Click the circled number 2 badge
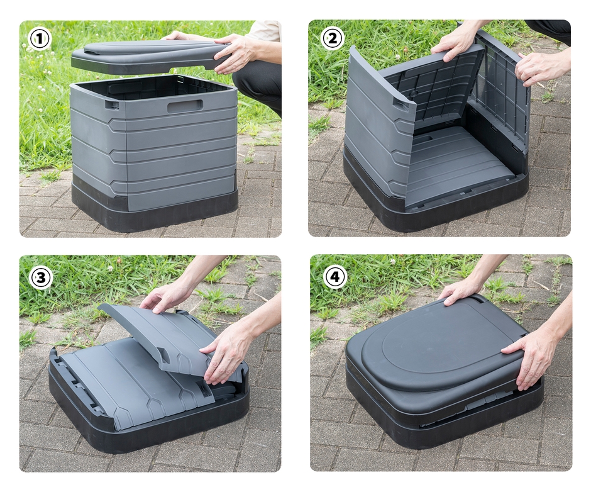[332, 38]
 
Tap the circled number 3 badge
[41, 277]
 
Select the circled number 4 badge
[334, 277]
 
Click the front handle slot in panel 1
[185, 106]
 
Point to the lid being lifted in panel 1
[151, 57]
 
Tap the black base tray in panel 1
[155, 206]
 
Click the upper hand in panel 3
[166, 296]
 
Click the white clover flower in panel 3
[110, 268]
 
